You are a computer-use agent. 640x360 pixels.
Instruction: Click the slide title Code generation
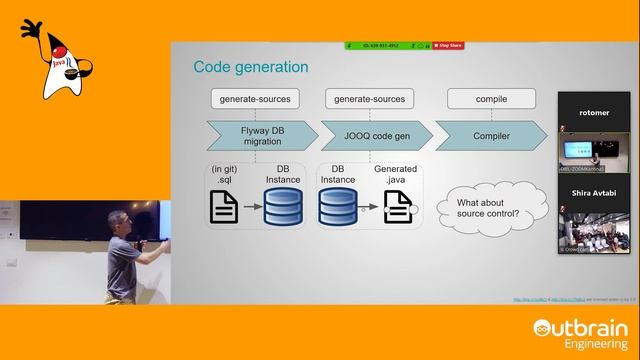(250, 67)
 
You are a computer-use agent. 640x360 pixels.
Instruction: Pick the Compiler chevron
(489, 135)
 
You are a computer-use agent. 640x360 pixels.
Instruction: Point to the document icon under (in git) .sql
(224, 205)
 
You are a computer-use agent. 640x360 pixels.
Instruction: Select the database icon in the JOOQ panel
(338, 205)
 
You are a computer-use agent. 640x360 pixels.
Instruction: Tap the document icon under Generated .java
(397, 205)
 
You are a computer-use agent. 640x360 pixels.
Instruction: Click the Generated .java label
(395, 176)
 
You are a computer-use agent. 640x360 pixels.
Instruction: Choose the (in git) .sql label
(229, 176)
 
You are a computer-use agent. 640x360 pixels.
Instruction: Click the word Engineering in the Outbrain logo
(590, 343)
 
